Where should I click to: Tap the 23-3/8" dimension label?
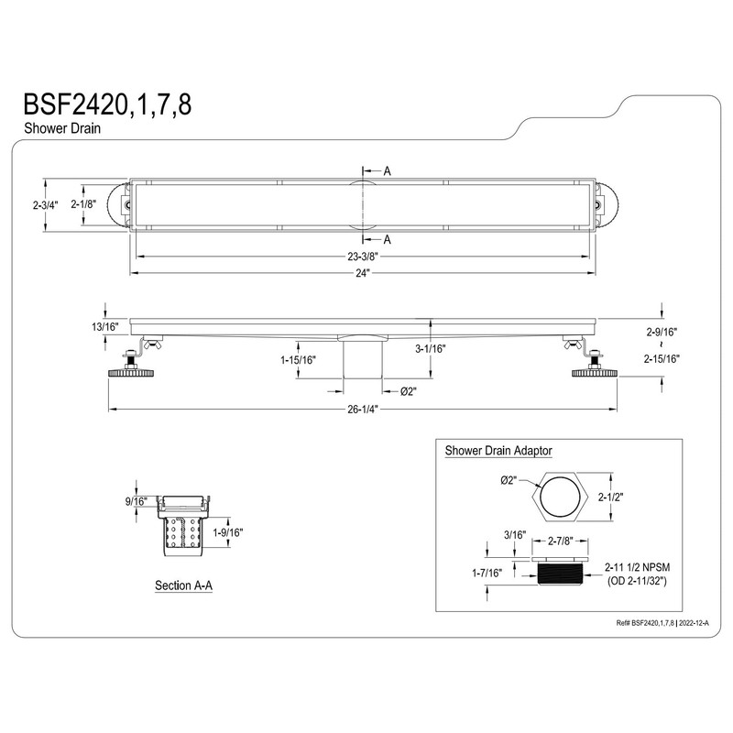(363, 257)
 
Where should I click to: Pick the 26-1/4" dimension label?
(363, 409)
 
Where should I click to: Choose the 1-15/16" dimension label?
(298, 360)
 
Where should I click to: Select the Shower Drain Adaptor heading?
(503, 451)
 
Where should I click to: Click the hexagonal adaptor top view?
(563, 498)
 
